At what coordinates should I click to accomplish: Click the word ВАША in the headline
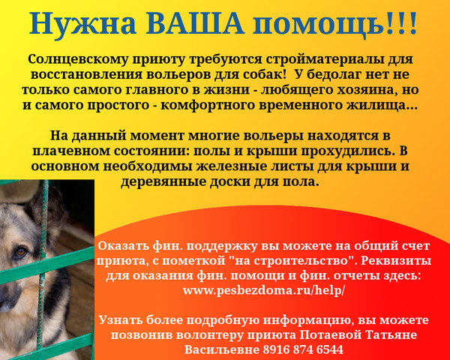(196, 22)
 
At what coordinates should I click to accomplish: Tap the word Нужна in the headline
(83, 22)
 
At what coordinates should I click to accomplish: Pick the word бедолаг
(335, 75)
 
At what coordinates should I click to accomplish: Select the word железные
(231, 166)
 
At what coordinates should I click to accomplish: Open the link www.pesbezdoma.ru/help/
(263, 290)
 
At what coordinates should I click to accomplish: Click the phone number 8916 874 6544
(303, 349)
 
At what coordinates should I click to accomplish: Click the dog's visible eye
(21, 252)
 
